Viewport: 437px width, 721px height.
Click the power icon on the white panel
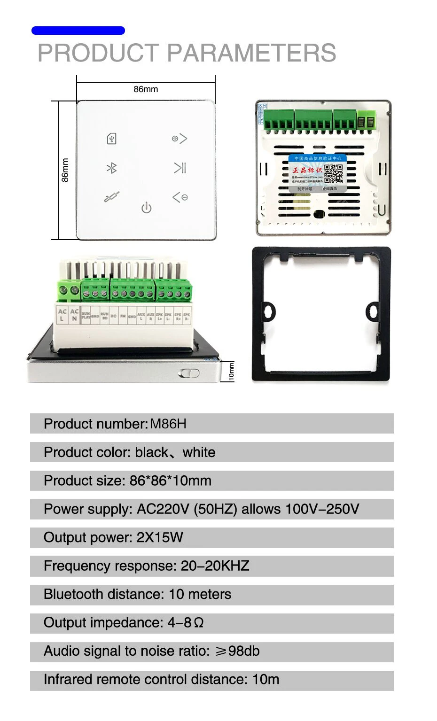point(147,208)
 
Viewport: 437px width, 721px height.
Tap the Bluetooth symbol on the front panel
point(111,168)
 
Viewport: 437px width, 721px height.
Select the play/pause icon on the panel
point(180,168)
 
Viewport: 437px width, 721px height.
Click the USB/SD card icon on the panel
point(111,139)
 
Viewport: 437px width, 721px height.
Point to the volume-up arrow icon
point(179,139)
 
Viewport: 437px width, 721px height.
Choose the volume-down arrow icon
point(180,197)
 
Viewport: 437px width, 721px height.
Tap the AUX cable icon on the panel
point(111,197)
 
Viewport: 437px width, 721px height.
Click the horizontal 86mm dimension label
point(146,89)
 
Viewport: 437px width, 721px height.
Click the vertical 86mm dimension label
point(65,170)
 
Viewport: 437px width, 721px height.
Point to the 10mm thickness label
point(231,372)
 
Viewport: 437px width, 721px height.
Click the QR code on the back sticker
point(334,173)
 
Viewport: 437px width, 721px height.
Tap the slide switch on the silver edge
point(189,373)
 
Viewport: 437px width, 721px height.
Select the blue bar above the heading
point(78,31)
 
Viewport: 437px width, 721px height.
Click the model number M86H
point(168,424)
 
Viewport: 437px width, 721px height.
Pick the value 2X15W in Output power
point(160,537)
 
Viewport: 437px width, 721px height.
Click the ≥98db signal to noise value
point(237,651)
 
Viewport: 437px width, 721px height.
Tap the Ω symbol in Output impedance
point(198,623)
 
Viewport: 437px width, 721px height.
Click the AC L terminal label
point(62,315)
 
